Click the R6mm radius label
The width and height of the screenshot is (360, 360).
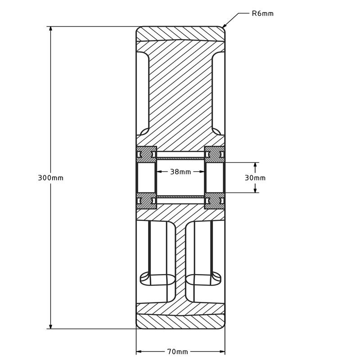click(262, 13)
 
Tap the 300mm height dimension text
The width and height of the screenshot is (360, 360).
click(50, 178)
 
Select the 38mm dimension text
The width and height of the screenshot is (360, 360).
click(180, 171)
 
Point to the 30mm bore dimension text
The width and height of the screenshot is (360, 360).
click(255, 178)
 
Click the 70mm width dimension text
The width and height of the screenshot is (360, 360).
click(177, 351)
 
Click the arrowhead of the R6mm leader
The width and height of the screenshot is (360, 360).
click(225, 26)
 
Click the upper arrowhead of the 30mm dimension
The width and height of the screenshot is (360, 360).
click(255, 166)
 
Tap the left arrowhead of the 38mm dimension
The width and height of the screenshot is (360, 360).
click(159, 171)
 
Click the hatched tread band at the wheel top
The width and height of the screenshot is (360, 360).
click(180, 33)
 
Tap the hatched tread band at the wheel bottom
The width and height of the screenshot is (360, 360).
click(180, 322)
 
